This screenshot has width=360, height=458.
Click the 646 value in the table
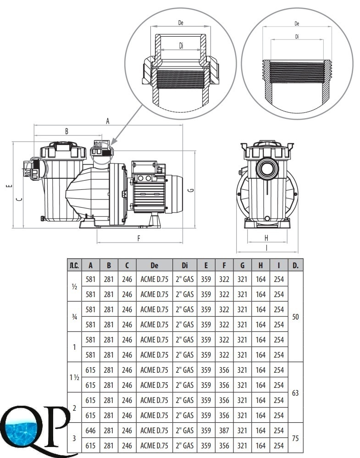91,430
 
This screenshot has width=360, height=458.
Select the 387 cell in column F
224,430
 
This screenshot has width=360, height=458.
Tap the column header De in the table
154,265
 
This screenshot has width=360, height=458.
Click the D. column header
296,265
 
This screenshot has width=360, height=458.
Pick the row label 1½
74,377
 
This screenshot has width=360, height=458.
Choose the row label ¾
74,317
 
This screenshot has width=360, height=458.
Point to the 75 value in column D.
296,438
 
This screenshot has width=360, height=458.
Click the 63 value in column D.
296,392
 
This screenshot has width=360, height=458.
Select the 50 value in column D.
296,317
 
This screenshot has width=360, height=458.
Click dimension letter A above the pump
108,121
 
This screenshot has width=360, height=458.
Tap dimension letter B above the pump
66,131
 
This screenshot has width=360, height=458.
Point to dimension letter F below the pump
139,238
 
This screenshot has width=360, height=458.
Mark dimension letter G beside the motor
191,190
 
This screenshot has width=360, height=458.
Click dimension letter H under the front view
266,237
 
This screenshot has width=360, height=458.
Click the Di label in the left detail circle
181,45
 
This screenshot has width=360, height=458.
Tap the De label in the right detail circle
297,23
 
